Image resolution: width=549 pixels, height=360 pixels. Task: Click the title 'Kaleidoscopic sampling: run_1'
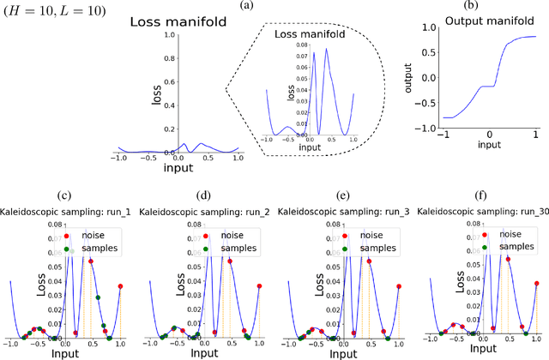pos(68,208)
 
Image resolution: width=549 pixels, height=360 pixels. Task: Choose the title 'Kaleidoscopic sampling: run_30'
pos(476,208)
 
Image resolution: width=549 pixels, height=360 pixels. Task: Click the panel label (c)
pos(68,195)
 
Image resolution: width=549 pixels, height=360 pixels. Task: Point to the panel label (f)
pos(477,195)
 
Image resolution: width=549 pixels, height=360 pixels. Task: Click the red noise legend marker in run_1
pos(72,234)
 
